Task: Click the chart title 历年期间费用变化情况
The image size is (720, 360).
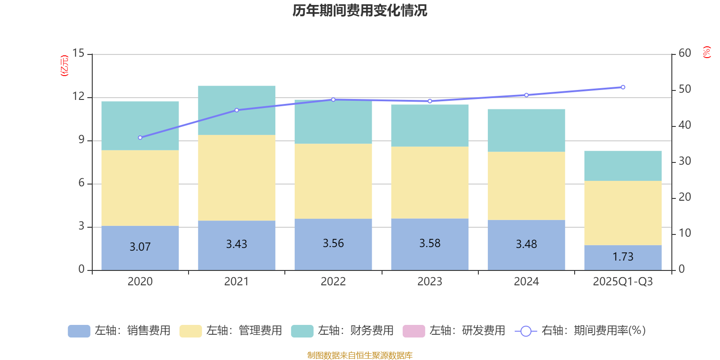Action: coord(360,10)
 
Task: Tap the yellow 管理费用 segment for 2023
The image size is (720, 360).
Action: coord(430,182)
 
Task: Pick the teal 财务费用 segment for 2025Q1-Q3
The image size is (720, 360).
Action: coord(623,166)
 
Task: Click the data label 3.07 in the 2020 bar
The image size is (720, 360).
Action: coord(140,247)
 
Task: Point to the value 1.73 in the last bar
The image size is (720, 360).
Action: coord(623,256)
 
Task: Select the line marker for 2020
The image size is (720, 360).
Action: coord(140,137)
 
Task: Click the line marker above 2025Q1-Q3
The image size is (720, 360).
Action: coord(623,87)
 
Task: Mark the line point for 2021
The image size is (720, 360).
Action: coord(237,110)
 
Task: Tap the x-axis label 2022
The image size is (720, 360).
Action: coord(333,282)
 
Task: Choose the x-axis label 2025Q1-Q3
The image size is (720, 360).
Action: coord(623,282)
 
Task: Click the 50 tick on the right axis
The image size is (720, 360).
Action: coord(684,89)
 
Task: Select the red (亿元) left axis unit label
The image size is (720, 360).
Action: coord(65,66)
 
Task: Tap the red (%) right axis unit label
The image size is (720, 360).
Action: coord(706,52)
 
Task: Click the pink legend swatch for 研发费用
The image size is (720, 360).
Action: coord(414,331)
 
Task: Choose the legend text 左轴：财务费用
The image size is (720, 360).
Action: coord(355,331)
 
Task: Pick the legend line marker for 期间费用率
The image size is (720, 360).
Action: coord(526,331)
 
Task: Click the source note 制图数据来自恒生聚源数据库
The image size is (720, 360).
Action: coord(360,355)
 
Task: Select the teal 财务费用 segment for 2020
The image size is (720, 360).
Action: coord(140,126)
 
